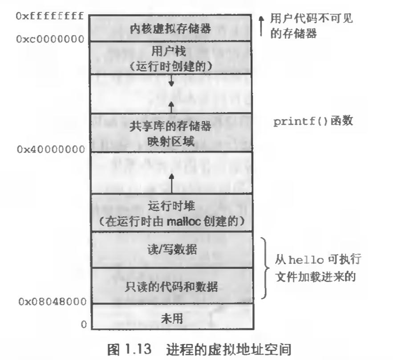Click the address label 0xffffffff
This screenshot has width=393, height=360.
[x=49, y=16]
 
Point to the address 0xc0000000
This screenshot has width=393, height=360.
[x=49, y=39]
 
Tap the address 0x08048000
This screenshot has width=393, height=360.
[x=52, y=302]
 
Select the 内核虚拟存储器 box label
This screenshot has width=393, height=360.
[x=170, y=28]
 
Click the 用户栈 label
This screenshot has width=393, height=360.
[x=170, y=52]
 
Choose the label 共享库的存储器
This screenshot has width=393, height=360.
[x=170, y=127]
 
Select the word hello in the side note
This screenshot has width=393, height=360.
[x=303, y=259]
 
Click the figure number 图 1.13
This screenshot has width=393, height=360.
[x=128, y=347]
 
